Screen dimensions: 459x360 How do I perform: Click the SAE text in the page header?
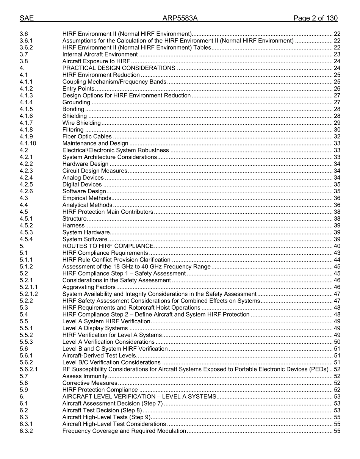pyautogui.click(x=27, y=18)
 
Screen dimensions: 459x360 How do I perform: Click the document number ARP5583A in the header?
pyautogui.click(x=180, y=18)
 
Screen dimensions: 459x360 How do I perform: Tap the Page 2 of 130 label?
pyautogui.click(x=315, y=18)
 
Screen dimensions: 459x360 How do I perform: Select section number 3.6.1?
pyautogui.click(x=26, y=41)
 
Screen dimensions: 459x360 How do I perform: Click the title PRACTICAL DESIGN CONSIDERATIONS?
pyautogui.click(x=119, y=68)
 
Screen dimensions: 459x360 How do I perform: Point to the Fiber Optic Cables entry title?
pyautogui.click(x=87, y=136)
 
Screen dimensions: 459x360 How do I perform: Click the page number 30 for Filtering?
pyautogui.click(x=337, y=130)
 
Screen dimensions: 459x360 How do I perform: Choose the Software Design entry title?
pyautogui.click(x=84, y=191)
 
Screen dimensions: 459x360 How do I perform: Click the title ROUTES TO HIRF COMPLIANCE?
pyautogui.click(x=108, y=246)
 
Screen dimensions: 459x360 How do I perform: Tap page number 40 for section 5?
pyautogui.click(x=337, y=246)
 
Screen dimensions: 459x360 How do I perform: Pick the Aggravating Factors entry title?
pyautogui.click(x=89, y=287)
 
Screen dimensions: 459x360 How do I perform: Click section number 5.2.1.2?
pyautogui.click(x=29, y=294)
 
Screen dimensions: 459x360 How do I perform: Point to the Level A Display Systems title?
pyautogui.click(x=95, y=328)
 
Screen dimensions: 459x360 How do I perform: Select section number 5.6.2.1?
pyautogui.click(x=29, y=369)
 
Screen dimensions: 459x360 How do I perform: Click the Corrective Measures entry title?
pyautogui.click(x=90, y=383)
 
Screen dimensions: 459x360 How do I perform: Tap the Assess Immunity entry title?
pyautogui.click(x=85, y=376)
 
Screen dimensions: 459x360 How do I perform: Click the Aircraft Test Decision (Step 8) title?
pyautogui.click(x=102, y=410)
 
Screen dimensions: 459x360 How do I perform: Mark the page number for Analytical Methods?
pyautogui.click(x=337, y=205)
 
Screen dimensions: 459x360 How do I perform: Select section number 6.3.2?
pyautogui.click(x=26, y=431)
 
